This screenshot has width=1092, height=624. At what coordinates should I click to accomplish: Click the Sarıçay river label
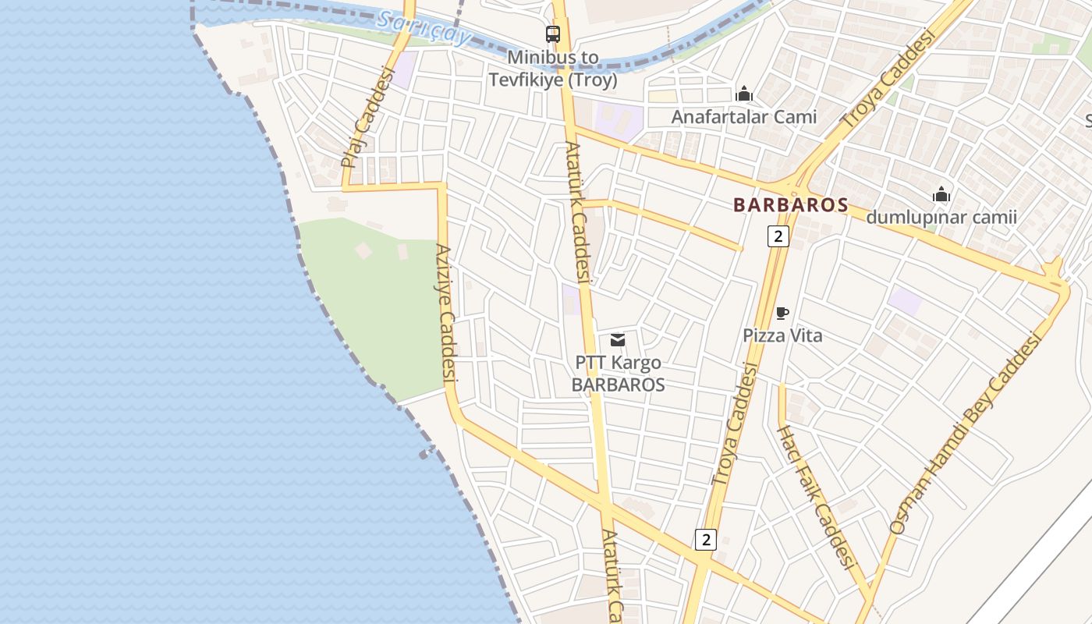(x=424, y=28)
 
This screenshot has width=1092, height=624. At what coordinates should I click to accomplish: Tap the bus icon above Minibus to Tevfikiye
(x=553, y=34)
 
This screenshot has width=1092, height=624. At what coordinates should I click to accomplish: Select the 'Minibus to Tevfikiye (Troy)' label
(x=553, y=69)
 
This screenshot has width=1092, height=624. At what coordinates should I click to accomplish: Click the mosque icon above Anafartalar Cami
(x=744, y=94)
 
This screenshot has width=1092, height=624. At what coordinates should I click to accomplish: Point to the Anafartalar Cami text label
(x=744, y=117)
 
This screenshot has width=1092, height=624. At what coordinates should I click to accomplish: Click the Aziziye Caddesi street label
(x=445, y=313)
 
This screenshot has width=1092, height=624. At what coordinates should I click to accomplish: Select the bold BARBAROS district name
(x=790, y=205)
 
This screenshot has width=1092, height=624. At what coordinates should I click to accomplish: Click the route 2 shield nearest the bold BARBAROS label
(x=778, y=236)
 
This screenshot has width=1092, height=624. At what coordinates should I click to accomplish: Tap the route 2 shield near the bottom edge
(x=705, y=539)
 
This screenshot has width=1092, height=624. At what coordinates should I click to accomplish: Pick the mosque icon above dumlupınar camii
(x=941, y=194)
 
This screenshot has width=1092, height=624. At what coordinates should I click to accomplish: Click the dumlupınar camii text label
(x=941, y=217)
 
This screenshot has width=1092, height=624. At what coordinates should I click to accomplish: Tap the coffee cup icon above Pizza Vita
(x=782, y=314)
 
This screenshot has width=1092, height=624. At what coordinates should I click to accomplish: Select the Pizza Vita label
(x=782, y=336)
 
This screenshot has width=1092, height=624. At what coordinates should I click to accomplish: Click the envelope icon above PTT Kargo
(x=618, y=340)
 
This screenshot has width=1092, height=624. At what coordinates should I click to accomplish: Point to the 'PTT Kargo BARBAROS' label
(x=618, y=374)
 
